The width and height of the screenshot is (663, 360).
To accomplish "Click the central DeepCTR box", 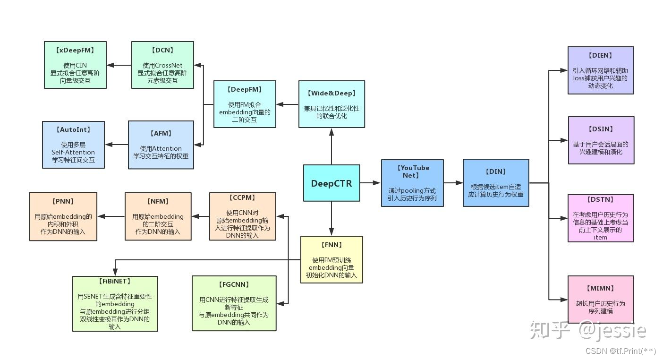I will tap(331, 183).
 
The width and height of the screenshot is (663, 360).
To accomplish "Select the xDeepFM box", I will tap(75, 65).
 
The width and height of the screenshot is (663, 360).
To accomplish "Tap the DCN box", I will tap(162, 65).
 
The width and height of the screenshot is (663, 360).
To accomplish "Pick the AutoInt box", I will tap(73, 145).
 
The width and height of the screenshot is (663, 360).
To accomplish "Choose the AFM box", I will tap(161, 145).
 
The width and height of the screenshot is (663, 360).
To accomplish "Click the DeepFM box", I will tap(245, 104).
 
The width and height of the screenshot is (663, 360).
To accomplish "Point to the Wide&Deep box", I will tap(331, 104).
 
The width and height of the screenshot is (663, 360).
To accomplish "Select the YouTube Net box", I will tap(412, 183).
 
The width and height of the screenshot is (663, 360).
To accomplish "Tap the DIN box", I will tap(496, 183).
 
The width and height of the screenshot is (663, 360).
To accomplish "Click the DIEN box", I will tap(600, 70).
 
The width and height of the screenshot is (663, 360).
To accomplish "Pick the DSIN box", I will tap(601, 140).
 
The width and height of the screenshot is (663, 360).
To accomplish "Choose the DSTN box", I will tap(601, 218).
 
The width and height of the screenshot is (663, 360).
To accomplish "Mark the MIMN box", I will tap(601, 300).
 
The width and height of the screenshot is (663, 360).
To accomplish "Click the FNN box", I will tap(331, 259).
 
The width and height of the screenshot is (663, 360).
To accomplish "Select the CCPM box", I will tap(242, 216).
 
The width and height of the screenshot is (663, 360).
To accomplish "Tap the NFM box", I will tap(158, 216).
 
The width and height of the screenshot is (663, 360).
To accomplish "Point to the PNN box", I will tap(63, 216).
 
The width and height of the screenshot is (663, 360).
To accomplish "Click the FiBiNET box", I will tap(115, 303).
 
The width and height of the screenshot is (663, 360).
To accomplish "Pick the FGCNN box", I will tap(234, 303).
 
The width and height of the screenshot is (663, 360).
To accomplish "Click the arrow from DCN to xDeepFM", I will tap(119, 65).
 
